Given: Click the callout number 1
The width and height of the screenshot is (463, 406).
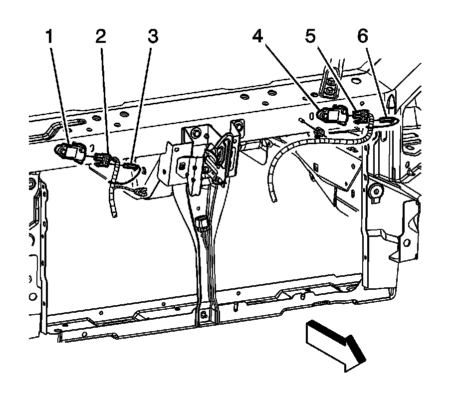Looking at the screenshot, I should click(49, 36).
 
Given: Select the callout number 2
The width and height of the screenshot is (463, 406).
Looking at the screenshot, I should click(101, 36).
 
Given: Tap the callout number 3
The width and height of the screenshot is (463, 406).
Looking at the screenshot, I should click(153, 36).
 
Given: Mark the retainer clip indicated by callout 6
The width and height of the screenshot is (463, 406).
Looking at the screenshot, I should click(387, 119).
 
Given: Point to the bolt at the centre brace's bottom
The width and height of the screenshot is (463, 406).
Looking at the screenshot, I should click(203, 315).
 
